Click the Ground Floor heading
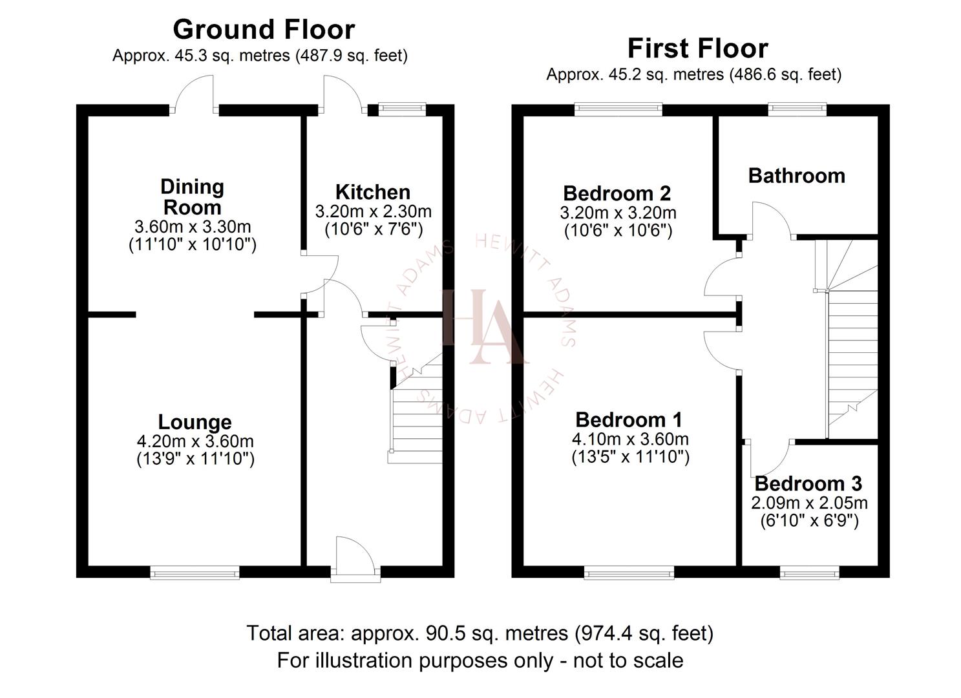pos(264,30)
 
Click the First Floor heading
pos(697,48)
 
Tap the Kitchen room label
pos(372,192)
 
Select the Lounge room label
pos(195,422)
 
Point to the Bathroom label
pos(796,176)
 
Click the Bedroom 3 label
pos(808,483)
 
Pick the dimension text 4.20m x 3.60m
pos(195,441)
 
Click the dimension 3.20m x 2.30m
pos(373,211)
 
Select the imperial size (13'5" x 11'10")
pos(630,457)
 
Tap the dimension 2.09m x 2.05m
pos(809,503)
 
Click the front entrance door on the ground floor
pos(354,560)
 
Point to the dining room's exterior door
pos(195,96)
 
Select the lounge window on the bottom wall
pos(195,572)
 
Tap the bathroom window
pos(797,109)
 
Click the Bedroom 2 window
pos(618,109)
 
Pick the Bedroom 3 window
pos(809,572)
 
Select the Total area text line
pos(480,633)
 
